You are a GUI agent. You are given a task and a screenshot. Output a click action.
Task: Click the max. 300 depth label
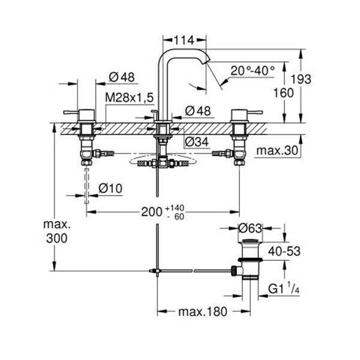click(x=55, y=231)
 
